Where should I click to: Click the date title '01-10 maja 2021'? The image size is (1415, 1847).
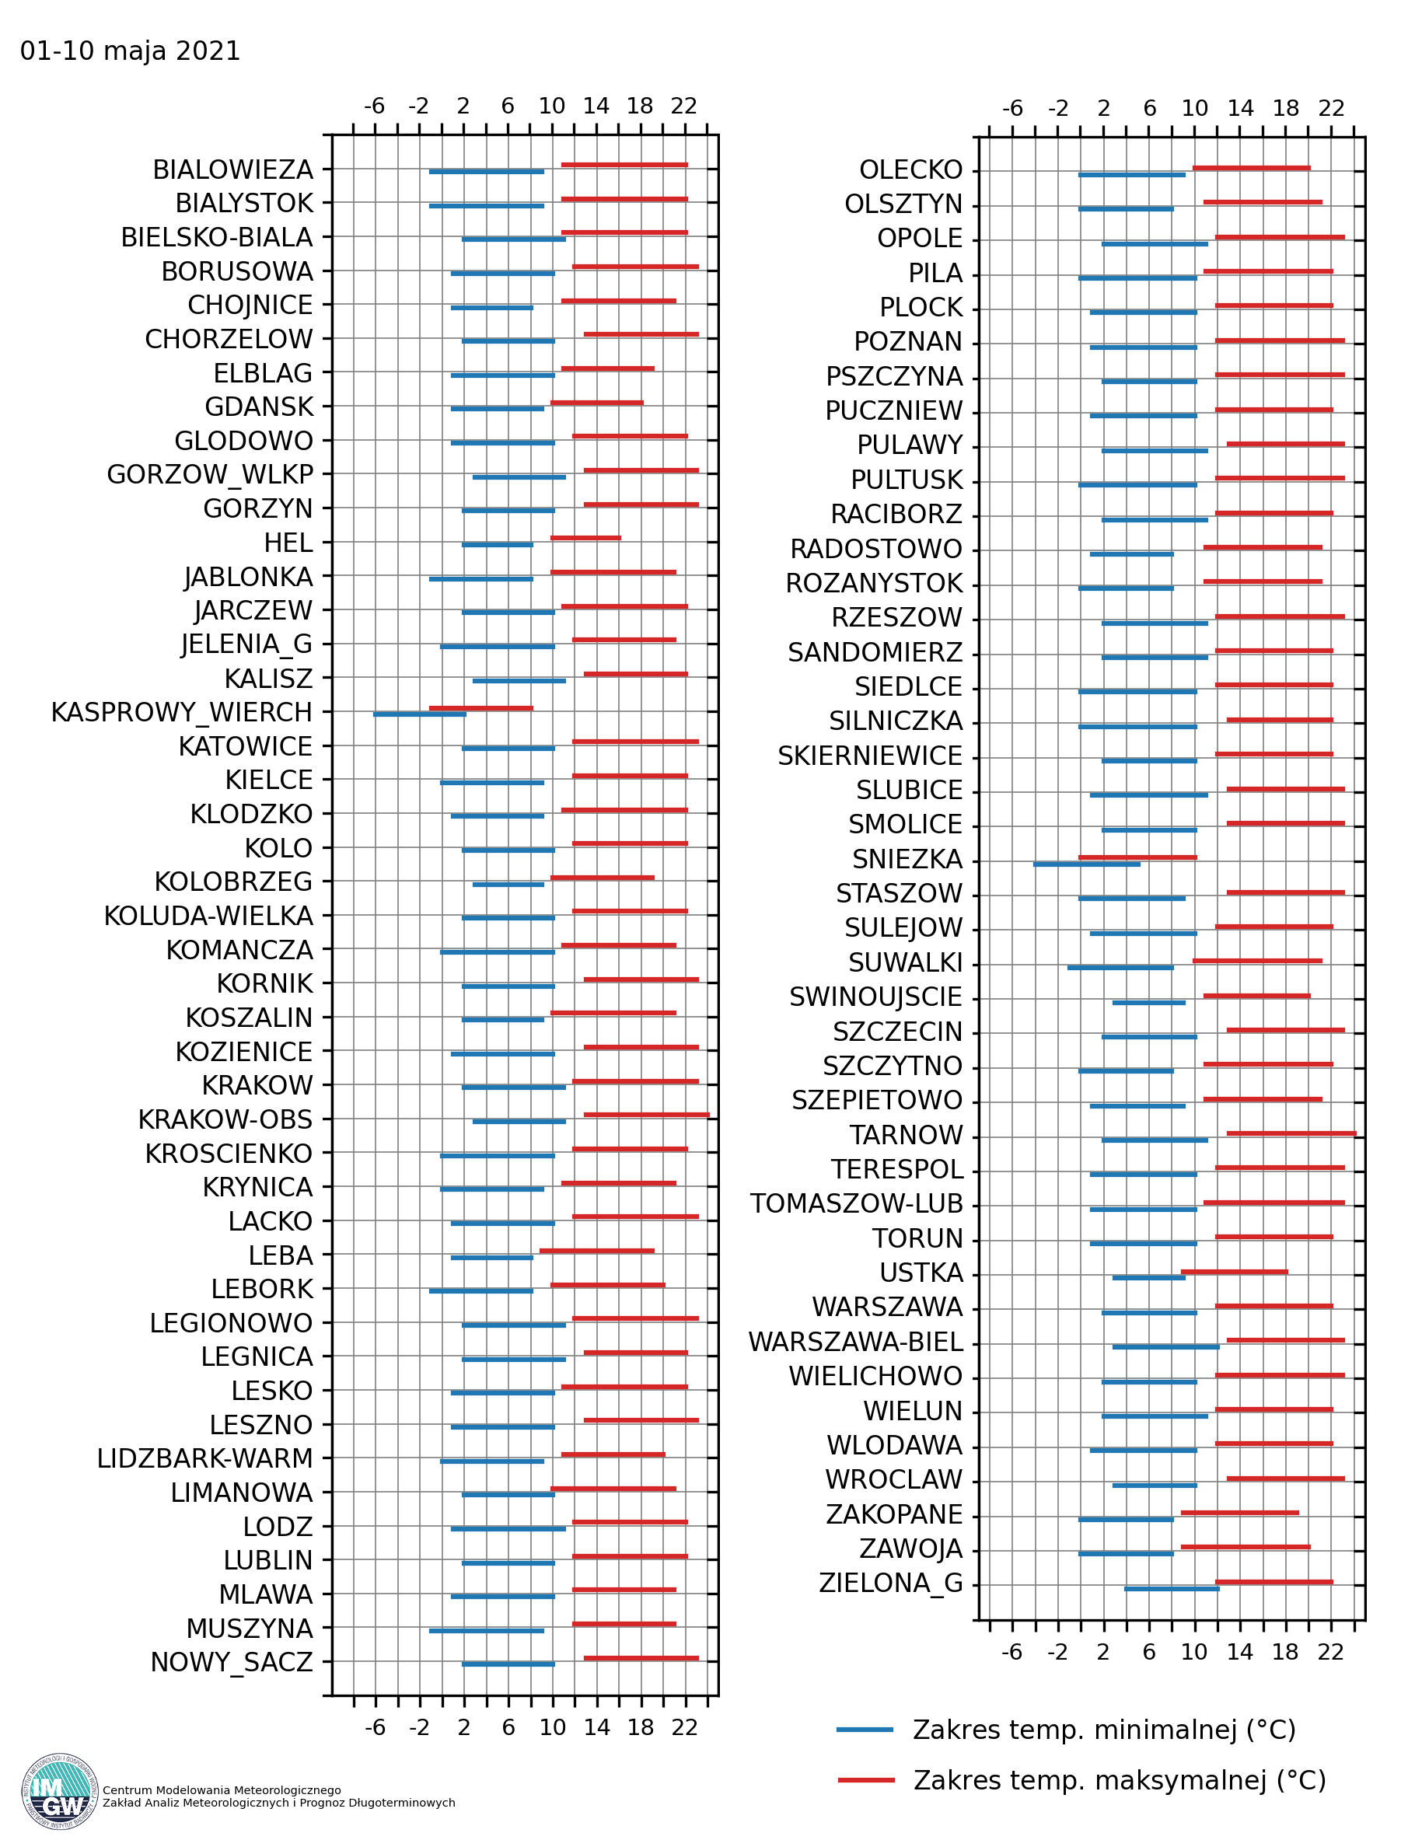[130, 51]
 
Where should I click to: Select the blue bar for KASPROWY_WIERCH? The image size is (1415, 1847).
[420, 714]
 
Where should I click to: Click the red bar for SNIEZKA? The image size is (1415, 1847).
[1137, 857]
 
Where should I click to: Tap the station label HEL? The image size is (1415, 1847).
[288, 543]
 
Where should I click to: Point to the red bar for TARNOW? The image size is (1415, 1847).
[1291, 1133]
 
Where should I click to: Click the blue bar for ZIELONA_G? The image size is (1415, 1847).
[1172, 1588]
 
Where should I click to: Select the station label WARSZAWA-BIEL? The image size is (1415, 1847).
[856, 1342]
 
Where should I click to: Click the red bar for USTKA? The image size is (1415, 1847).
[1234, 1272]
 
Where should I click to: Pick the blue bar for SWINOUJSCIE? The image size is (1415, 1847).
[1149, 1002]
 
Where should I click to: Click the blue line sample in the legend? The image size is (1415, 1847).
[865, 1730]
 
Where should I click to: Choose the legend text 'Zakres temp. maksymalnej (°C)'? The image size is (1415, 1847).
[1120, 1780]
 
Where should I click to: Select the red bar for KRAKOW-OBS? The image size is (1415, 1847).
[647, 1115]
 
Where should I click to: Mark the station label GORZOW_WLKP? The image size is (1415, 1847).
[210, 475]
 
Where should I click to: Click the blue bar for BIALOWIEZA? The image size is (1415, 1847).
[486, 172]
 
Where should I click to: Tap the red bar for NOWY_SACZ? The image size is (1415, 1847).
[641, 1658]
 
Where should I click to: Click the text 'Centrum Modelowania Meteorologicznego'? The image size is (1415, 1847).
[222, 1789]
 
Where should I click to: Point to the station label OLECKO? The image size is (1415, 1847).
[910, 170]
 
